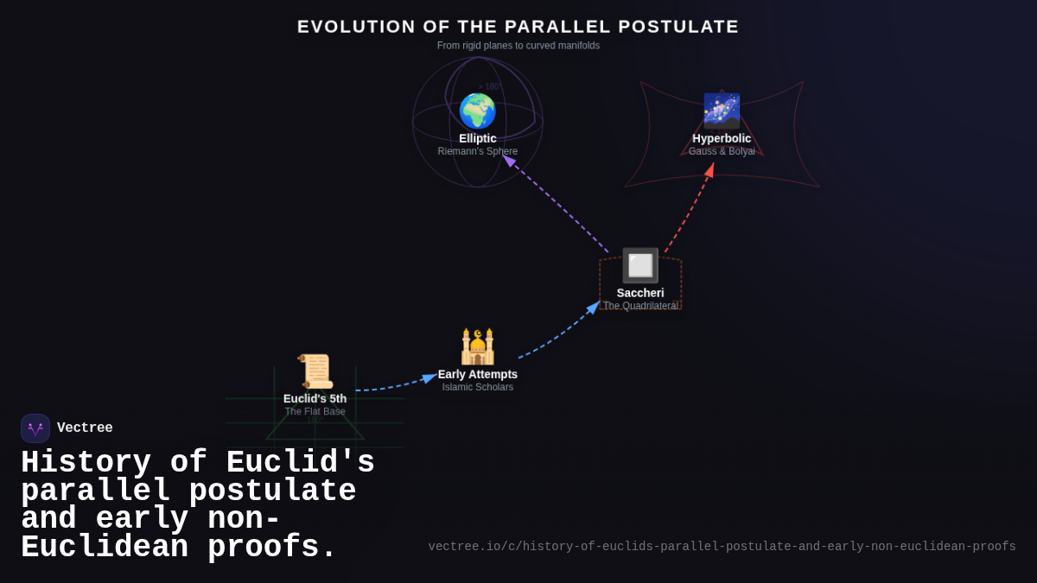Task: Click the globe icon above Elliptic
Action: pyautogui.click(x=477, y=111)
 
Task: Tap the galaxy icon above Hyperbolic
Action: pyautogui.click(x=722, y=111)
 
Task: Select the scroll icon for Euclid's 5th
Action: pyautogui.click(x=315, y=371)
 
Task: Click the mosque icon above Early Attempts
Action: pyautogui.click(x=478, y=347)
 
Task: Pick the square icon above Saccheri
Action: pyautogui.click(x=640, y=266)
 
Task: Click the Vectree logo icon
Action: pyautogui.click(x=35, y=428)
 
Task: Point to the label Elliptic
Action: pyautogui.click(x=478, y=138)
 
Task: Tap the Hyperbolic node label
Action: pyautogui.click(x=722, y=138)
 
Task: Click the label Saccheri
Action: pyautogui.click(x=640, y=293)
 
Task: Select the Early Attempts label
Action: pyautogui.click(x=478, y=374)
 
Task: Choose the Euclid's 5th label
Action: pyautogui.click(x=315, y=398)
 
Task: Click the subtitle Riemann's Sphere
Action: pyautogui.click(x=478, y=152)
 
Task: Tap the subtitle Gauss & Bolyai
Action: pyautogui.click(x=722, y=152)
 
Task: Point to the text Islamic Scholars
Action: pyautogui.click(x=478, y=388)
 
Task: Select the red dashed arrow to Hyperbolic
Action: pyautogui.click(x=690, y=207)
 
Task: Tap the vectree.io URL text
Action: pyautogui.click(x=722, y=547)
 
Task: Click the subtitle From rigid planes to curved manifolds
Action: pyautogui.click(x=518, y=46)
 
